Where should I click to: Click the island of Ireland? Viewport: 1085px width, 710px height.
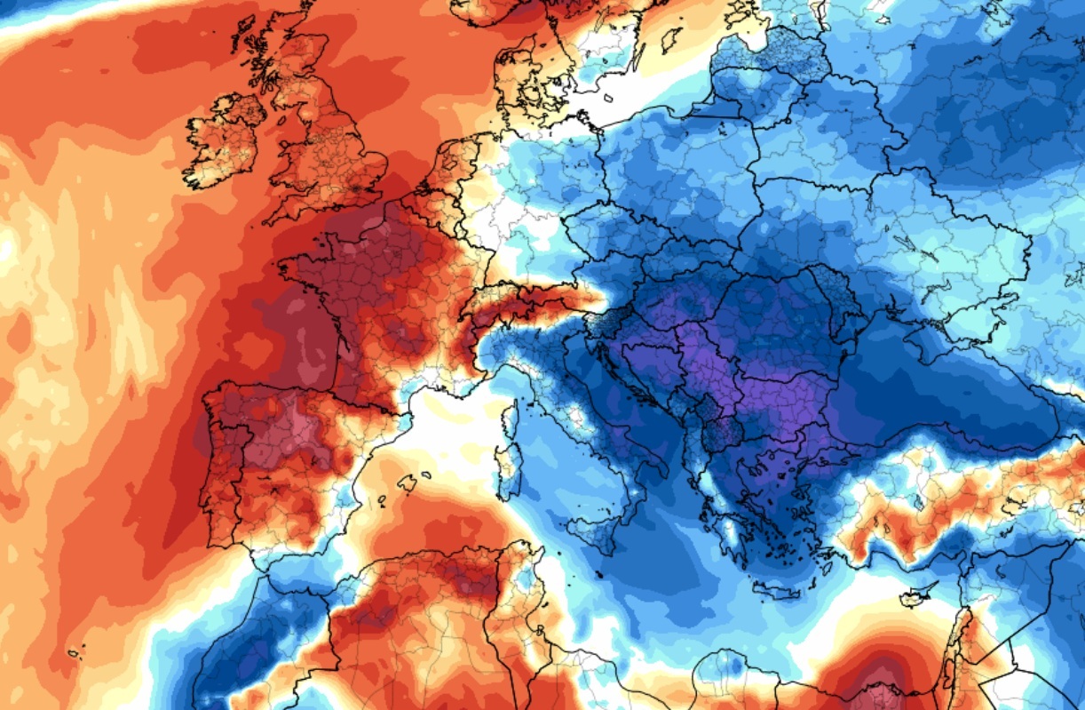[x=222, y=142]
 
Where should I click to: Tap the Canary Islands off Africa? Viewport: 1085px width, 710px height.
[x=75, y=653]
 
